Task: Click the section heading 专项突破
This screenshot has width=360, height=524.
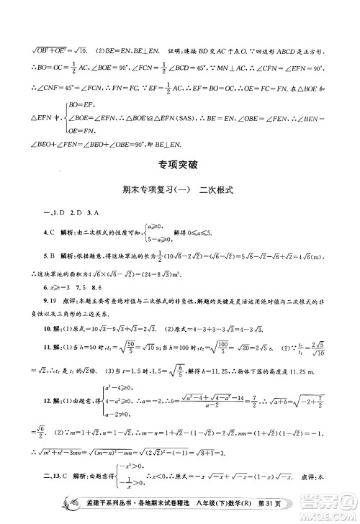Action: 179,165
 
